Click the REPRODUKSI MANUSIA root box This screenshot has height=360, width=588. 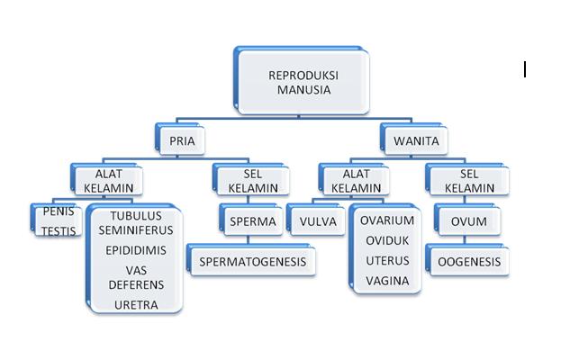302,81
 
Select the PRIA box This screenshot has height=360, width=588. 180,139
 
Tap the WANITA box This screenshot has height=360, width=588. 414,139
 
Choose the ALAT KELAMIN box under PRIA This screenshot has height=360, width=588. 107,179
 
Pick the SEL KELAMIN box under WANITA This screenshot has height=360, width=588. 467,179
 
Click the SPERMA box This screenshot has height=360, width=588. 251,220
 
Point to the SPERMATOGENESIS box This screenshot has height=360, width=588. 251,260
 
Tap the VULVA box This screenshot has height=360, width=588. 316,220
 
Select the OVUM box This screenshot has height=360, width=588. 467,220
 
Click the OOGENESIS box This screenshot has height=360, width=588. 467,260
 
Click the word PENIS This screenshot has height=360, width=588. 59,211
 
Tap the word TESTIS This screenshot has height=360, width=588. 59,231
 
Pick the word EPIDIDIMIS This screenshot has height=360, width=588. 136,250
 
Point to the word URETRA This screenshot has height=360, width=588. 136,305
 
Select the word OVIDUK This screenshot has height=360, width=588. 387,240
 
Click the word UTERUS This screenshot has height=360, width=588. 387,261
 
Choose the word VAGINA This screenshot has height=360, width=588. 387,281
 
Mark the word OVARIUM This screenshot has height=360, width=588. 387,220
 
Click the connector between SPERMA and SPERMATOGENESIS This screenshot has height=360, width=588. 248,240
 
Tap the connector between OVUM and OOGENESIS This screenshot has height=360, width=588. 465,240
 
